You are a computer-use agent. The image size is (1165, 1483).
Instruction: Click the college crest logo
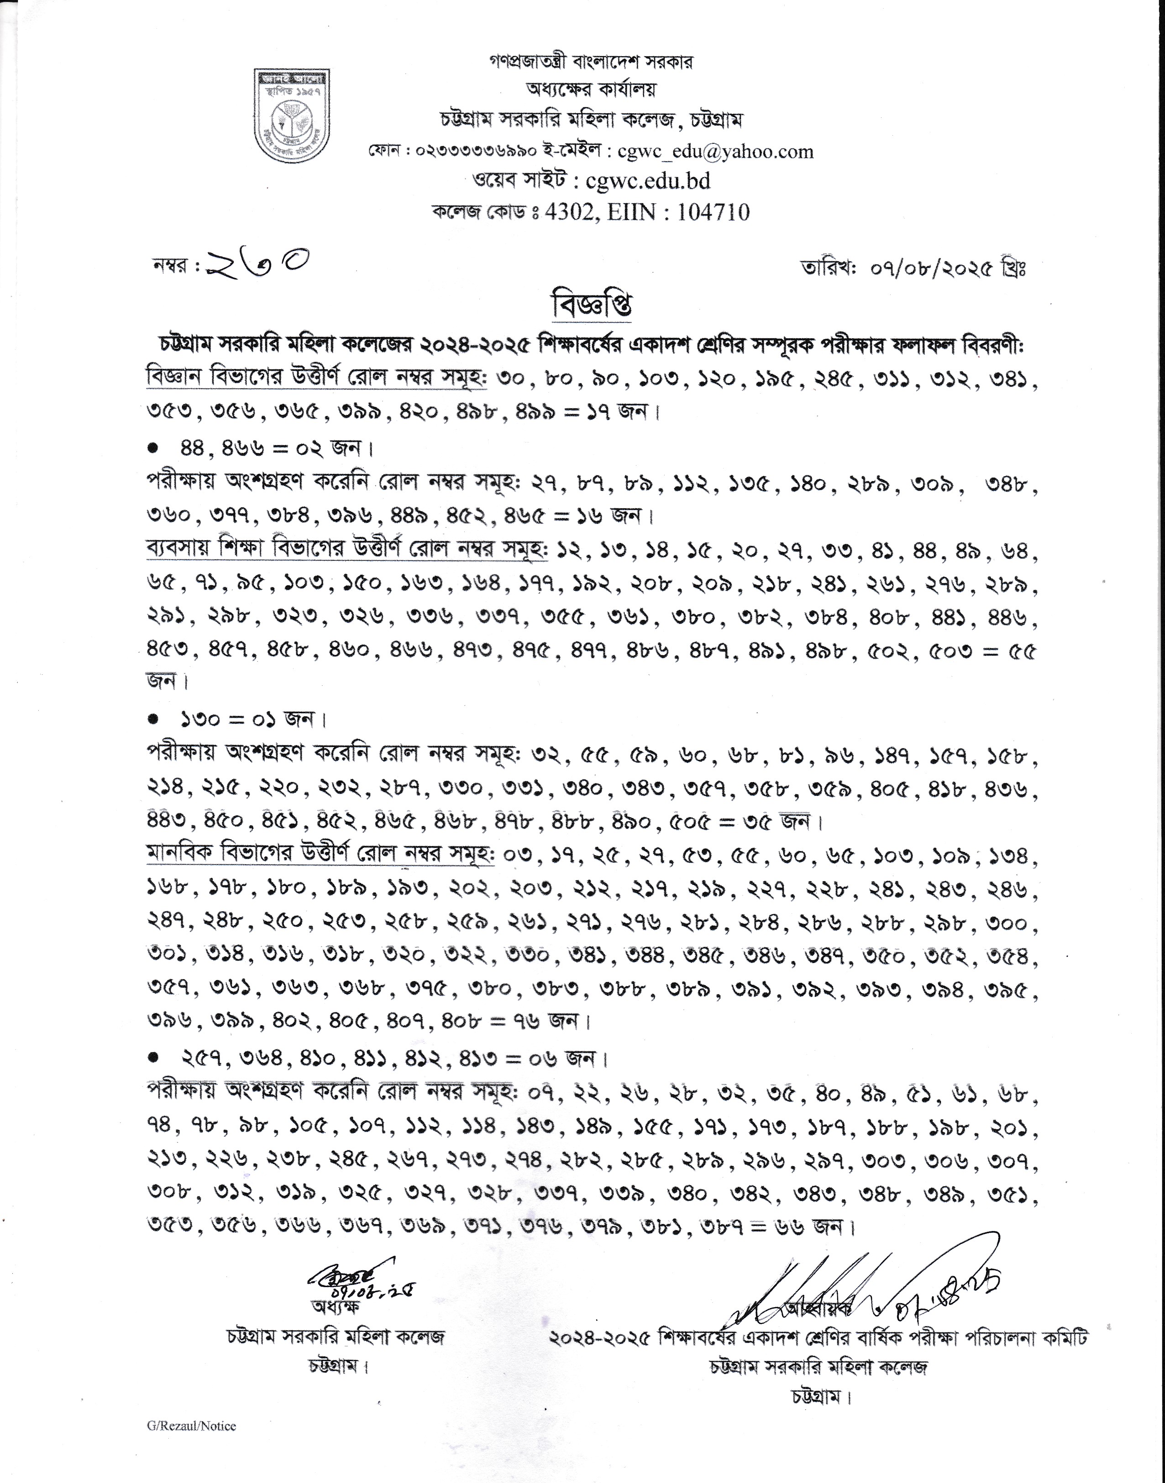coord(291,116)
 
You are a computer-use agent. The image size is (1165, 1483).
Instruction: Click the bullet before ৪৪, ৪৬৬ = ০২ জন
coord(154,448)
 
